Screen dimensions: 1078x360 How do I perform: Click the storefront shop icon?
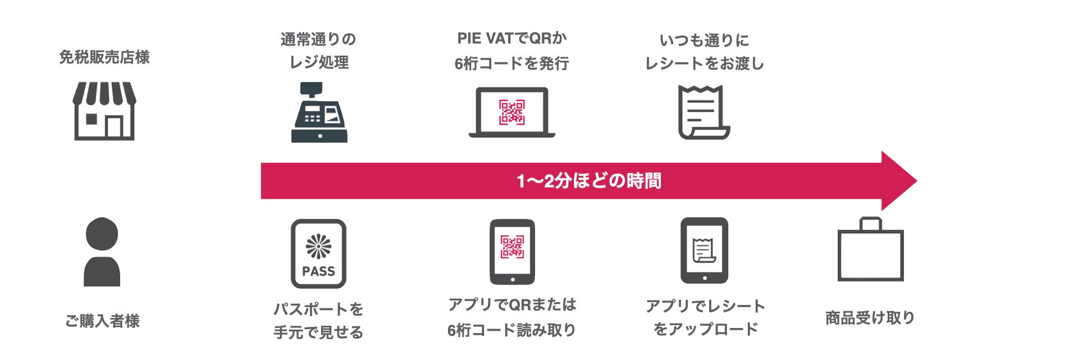pyautogui.click(x=104, y=111)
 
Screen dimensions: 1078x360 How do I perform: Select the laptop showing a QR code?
pyautogui.click(x=511, y=112)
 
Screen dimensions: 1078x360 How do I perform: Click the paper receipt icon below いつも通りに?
pyautogui.click(x=704, y=112)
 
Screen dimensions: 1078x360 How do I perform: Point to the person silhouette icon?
pyautogui.click(x=102, y=252)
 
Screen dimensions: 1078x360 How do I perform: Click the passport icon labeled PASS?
pyautogui.click(x=318, y=253)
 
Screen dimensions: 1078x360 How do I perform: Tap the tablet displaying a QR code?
pyautogui.click(x=512, y=252)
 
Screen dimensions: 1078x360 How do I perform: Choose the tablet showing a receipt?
pyautogui.click(x=704, y=250)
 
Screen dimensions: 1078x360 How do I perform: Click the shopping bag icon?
pyautogui.click(x=870, y=250)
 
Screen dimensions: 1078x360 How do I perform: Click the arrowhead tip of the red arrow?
pyautogui.click(x=912, y=181)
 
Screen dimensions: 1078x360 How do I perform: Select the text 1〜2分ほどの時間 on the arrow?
pyautogui.click(x=588, y=181)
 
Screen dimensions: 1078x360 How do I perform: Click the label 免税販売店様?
pyautogui.click(x=104, y=57)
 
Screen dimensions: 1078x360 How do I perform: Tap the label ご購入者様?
pyautogui.click(x=102, y=321)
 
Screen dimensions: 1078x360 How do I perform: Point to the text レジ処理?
pyautogui.click(x=319, y=62)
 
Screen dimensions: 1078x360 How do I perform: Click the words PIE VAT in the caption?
pyautogui.click(x=485, y=38)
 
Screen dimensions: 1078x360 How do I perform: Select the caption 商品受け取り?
pyautogui.click(x=870, y=318)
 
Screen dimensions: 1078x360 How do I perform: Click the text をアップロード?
pyautogui.click(x=705, y=329)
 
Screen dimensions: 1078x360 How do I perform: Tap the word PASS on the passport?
pyautogui.click(x=318, y=271)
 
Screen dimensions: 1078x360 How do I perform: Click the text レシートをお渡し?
pyautogui.click(x=704, y=63)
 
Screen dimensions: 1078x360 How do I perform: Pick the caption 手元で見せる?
pyautogui.click(x=318, y=332)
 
